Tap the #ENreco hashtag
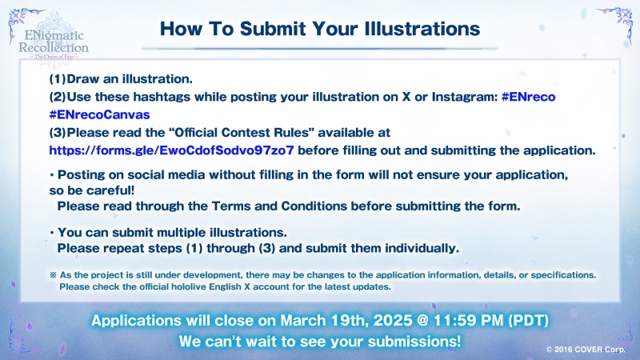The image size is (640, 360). pos(528,97)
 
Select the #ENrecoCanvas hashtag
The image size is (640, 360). pos(99,114)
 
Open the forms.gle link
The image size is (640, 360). pos(171,150)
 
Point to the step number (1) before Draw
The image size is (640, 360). pos(57,78)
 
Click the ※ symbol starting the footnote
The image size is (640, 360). pos(53,275)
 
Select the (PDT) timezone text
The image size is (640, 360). pos(528,321)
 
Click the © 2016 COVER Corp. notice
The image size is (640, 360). pos(586,350)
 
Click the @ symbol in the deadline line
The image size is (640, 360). pos(422,321)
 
